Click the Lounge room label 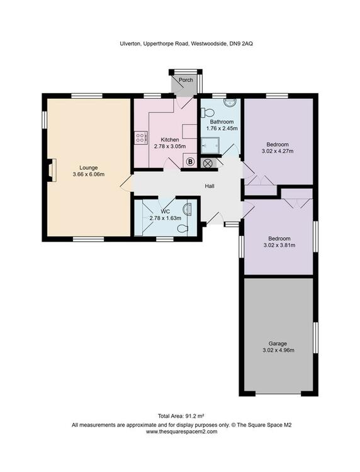click(89, 167)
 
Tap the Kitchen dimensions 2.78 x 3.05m click(170, 146)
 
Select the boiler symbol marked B click(190, 162)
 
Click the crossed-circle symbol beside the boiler click(208, 164)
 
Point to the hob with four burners click(141, 138)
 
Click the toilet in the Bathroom click(208, 113)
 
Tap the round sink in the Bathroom click(230, 103)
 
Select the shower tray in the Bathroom click(210, 146)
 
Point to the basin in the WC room click(187, 209)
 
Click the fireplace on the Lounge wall click(52, 171)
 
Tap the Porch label click(186, 80)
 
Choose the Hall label click(210, 186)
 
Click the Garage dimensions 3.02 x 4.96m click(278, 350)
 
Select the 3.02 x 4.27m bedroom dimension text click(278, 151)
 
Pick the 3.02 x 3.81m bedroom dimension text click(279, 245)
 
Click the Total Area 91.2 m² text click(181, 416)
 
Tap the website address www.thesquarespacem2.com click(181, 431)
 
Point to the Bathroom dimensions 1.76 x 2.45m click(222, 128)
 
